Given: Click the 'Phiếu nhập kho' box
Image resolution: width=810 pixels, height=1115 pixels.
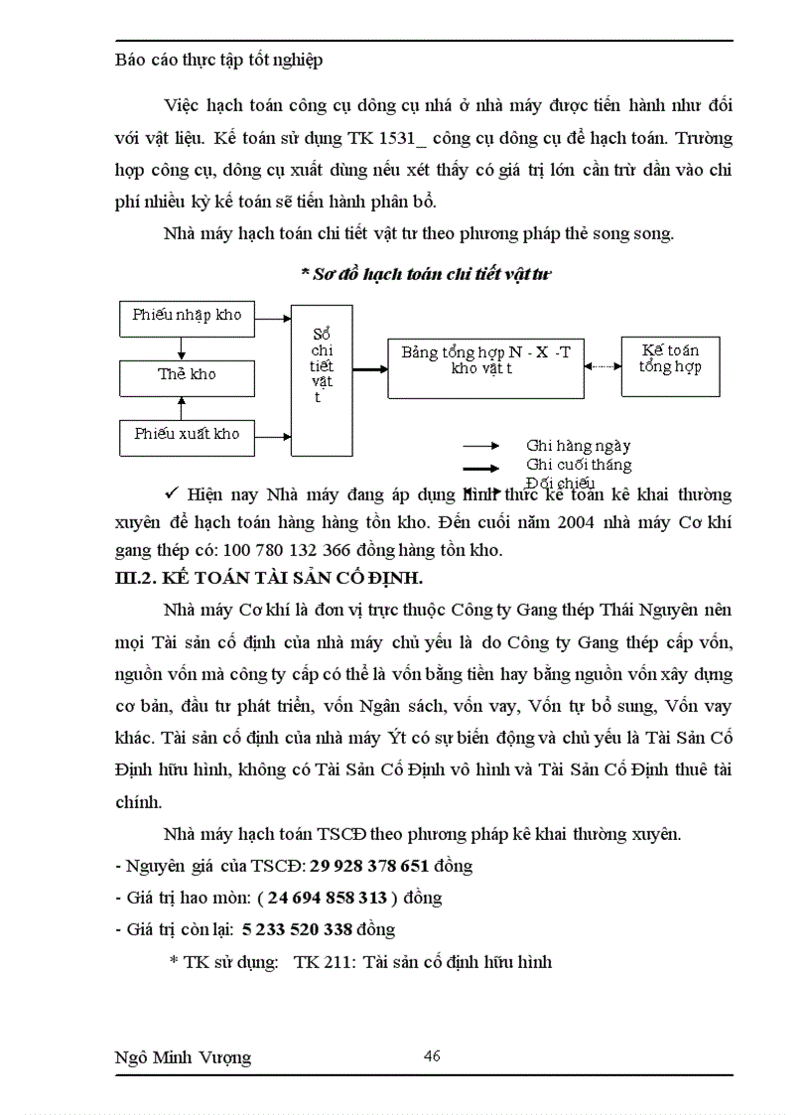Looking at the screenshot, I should pos(187,315).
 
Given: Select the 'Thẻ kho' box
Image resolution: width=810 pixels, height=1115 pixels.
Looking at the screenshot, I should pos(187,375).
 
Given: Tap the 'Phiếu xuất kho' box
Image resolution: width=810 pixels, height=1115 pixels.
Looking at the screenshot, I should pos(187,434).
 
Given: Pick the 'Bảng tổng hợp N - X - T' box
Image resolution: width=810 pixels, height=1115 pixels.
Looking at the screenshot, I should pos(485,360).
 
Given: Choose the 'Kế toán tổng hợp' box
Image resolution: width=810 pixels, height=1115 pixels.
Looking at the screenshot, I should pos(670,359).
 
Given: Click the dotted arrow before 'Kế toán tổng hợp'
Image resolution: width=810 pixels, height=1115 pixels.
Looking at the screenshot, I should pos(602,366).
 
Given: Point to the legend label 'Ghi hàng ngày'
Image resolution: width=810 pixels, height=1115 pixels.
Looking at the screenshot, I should pos(578,447).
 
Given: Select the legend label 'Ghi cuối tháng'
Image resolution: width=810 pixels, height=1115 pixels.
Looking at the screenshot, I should pos(579,465).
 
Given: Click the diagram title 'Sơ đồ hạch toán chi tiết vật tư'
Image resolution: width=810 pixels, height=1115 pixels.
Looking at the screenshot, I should pos(425,275).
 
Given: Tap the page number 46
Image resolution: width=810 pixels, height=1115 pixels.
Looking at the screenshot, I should pos(432,1055).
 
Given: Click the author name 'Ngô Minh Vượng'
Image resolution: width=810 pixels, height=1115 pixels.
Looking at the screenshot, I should pos(184,1057).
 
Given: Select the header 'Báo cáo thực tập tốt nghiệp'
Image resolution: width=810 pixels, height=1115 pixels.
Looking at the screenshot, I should pos(219,60).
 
